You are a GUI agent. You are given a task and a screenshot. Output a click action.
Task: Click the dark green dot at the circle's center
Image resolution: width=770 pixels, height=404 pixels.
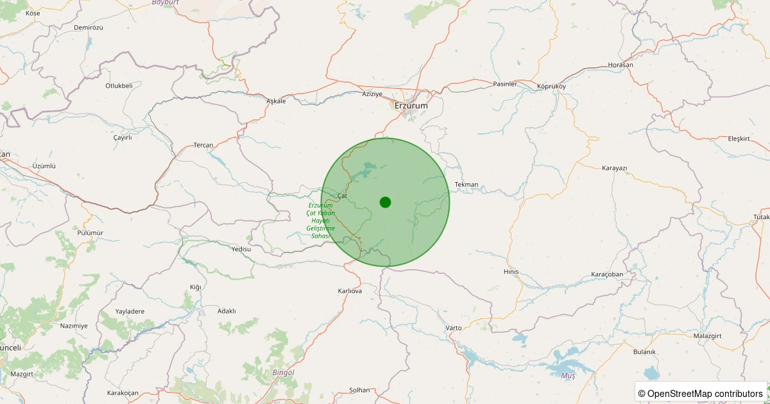[385, 202]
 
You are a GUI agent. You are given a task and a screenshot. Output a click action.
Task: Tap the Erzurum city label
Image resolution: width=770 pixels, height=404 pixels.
[411, 106]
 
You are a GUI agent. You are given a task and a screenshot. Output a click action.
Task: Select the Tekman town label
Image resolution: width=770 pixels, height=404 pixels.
[466, 185]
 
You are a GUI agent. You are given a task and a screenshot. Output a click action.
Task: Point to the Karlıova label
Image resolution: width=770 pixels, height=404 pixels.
[350, 290]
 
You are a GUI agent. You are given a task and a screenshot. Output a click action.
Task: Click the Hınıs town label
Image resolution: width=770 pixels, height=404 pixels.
[511, 272]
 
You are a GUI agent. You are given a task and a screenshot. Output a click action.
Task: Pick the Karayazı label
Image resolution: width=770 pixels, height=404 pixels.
[614, 168]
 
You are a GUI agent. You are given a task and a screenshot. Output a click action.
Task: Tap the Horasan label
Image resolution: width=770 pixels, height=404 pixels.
[620, 65]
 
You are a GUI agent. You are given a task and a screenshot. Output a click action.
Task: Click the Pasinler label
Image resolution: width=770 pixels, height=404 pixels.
[504, 84]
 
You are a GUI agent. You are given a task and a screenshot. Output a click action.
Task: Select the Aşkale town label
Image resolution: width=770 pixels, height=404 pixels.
[275, 101]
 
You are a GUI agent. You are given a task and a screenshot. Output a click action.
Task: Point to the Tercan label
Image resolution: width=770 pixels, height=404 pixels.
[203, 145]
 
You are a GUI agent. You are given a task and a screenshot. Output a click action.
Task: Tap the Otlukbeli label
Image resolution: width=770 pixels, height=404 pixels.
[119, 85]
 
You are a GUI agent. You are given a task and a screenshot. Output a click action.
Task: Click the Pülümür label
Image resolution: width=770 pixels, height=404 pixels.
[90, 233]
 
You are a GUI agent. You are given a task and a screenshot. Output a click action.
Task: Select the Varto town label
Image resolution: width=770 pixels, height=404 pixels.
[454, 328]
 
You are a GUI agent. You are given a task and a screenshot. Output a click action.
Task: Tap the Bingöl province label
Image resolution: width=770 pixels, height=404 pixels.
[283, 373]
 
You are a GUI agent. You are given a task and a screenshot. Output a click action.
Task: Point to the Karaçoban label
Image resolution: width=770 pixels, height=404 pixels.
[606, 274]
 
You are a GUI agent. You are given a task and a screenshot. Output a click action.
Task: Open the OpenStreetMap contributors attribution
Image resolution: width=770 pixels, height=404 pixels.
[700, 393]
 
